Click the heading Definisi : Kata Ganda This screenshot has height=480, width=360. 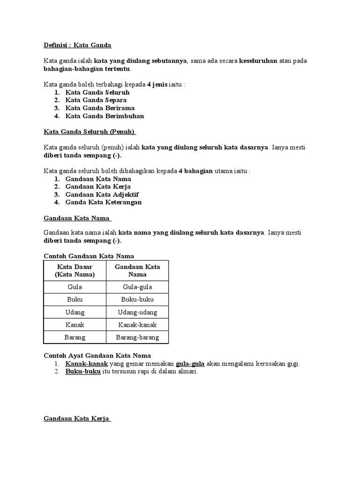(x=77, y=45)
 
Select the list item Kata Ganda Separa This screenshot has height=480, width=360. (x=96, y=100)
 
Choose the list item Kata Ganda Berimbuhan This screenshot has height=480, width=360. (x=105, y=116)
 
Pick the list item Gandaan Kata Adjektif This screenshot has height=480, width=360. (x=102, y=195)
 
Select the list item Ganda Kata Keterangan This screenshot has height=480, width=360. (x=103, y=202)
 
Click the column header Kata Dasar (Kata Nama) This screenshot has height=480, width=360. (x=75, y=270)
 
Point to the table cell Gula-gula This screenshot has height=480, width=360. (x=137, y=287)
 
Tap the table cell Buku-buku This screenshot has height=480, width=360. (x=137, y=300)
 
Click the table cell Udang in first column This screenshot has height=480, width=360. (x=75, y=312)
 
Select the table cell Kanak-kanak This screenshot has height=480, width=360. (x=137, y=325)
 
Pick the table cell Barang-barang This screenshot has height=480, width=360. (x=137, y=337)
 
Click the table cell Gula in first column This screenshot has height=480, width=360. (x=75, y=287)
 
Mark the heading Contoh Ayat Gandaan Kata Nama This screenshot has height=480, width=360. (x=97, y=356)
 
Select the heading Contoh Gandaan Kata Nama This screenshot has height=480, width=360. (x=89, y=256)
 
